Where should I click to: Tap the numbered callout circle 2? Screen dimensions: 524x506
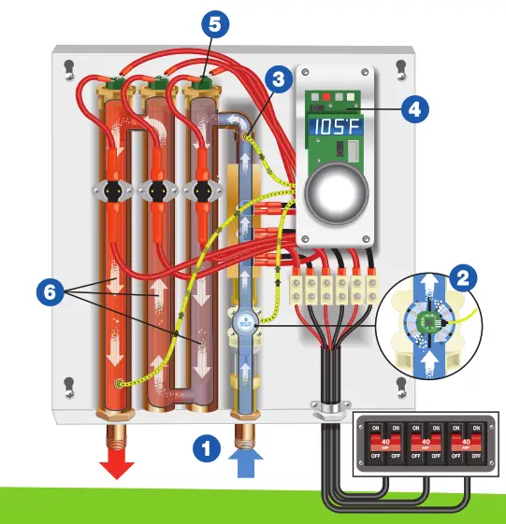coord(460,277)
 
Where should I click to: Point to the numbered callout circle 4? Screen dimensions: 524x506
coord(415,108)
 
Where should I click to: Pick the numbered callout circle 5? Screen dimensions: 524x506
coord(214,25)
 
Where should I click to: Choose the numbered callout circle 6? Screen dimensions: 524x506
coord(52,291)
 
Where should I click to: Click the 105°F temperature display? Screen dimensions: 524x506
coord(335,127)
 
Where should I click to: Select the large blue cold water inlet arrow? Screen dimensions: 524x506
coord(246,462)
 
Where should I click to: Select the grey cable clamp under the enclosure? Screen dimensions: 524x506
coord(324,408)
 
